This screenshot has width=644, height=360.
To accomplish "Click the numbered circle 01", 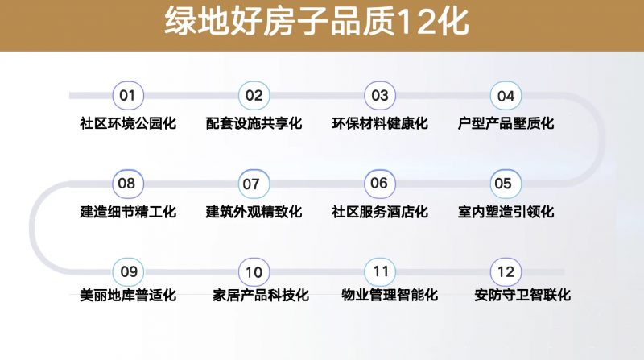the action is click(x=128, y=95).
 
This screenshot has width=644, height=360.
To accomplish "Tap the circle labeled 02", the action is click(x=254, y=95).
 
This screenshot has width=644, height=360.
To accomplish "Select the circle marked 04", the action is click(x=506, y=95).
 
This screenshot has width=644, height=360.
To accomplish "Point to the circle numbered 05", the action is click(x=506, y=184).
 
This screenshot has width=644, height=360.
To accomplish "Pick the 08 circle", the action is click(x=128, y=184).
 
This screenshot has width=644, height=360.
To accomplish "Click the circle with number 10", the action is click(x=254, y=271).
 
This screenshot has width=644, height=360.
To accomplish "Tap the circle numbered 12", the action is click(x=506, y=271).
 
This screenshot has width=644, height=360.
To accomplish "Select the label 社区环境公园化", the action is click(x=128, y=123).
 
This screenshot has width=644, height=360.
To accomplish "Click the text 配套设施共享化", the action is click(x=254, y=123).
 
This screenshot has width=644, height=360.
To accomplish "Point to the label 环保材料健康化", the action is click(x=380, y=123).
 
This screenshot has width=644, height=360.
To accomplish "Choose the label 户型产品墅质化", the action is click(x=506, y=123).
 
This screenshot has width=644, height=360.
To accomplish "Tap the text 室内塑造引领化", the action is click(x=506, y=212).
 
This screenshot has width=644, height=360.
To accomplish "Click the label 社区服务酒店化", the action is click(x=380, y=212).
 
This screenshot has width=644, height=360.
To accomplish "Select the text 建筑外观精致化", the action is click(x=254, y=212).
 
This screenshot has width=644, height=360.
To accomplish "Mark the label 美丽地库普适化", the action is click(x=128, y=295).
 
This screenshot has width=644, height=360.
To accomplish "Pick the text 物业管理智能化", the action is click(x=390, y=295).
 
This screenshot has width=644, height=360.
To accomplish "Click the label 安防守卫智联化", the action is click(x=522, y=295).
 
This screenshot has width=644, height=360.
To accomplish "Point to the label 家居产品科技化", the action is click(x=261, y=295).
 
